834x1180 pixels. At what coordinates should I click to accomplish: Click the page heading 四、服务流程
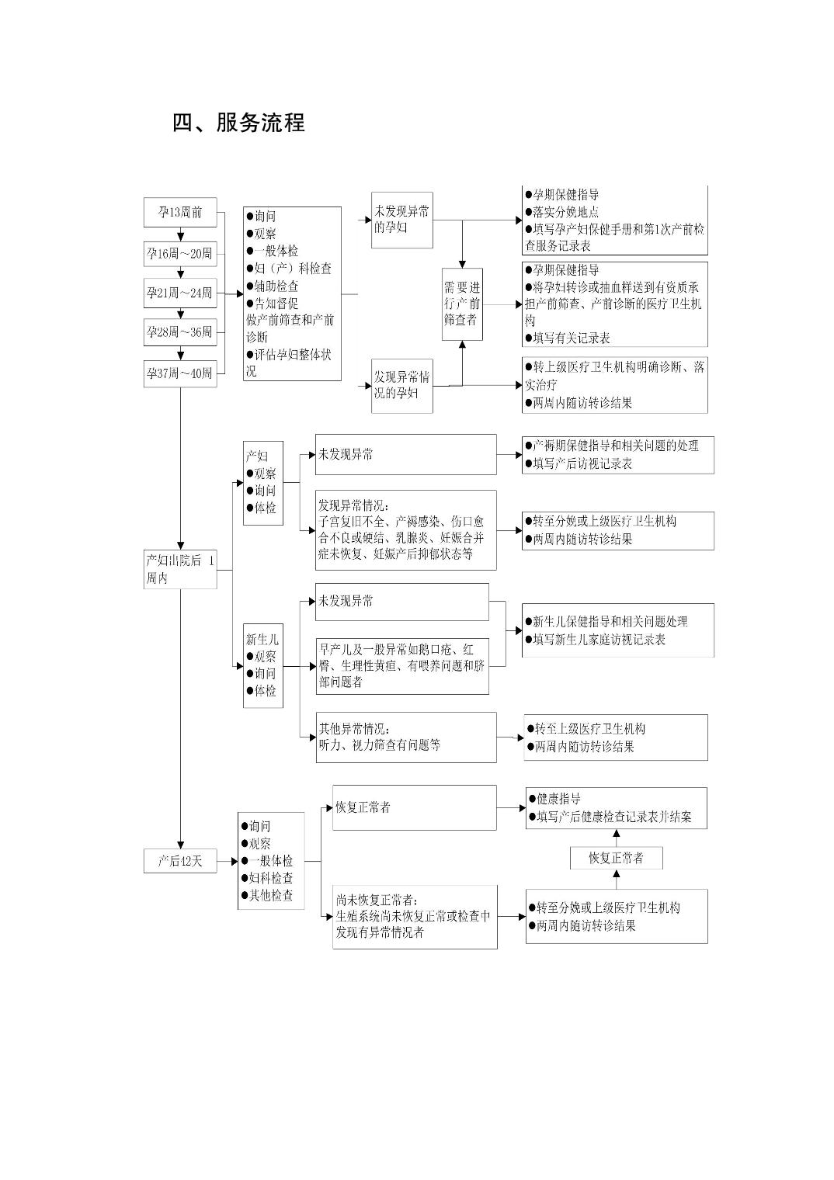click(238, 123)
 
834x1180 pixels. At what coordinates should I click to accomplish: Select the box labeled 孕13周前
click(180, 212)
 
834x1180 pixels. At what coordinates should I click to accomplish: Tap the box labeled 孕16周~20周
click(180, 254)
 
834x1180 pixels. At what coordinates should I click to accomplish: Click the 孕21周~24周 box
click(180, 293)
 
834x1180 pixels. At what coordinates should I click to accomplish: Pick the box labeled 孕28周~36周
click(180, 332)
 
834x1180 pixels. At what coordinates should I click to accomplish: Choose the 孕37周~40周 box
click(180, 373)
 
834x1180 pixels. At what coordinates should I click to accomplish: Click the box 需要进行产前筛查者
click(462, 304)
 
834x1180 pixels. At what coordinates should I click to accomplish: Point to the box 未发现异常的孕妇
click(402, 220)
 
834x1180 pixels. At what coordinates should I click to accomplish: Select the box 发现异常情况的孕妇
click(402, 386)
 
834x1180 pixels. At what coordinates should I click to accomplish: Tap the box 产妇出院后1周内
click(180, 570)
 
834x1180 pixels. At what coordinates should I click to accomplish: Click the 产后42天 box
click(180, 861)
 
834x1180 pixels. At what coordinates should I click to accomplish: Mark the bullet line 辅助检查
click(273, 286)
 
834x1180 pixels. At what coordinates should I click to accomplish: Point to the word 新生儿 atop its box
click(262, 640)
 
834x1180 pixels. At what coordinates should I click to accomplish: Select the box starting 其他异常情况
click(406, 737)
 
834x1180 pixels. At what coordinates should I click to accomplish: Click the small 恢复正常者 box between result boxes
click(617, 858)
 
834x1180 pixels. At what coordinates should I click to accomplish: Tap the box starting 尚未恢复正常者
click(415, 917)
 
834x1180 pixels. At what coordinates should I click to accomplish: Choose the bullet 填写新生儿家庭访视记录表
click(596, 640)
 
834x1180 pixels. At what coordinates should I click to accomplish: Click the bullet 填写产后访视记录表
click(579, 463)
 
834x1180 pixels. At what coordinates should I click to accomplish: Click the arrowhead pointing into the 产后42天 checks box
click(235, 861)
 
